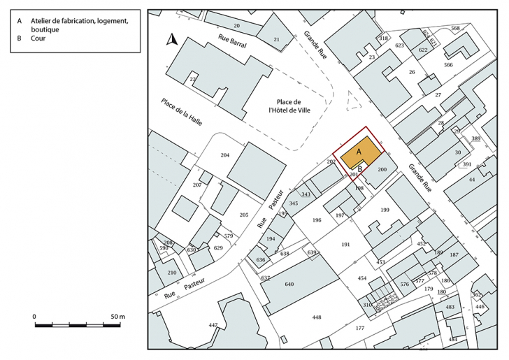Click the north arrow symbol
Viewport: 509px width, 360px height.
[x=171, y=40]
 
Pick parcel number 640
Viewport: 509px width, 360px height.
[x=289, y=285]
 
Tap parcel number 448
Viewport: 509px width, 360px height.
[x=316, y=317]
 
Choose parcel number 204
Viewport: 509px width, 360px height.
[x=225, y=154]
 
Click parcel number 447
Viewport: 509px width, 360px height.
[x=213, y=326]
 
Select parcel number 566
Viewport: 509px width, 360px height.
[x=448, y=65]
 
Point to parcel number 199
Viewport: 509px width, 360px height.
[x=385, y=210]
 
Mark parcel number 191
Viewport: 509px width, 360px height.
[x=345, y=244]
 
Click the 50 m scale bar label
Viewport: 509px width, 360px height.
[x=117, y=317]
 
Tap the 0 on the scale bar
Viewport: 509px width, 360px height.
[x=34, y=317]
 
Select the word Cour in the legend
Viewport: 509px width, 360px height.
[x=38, y=39]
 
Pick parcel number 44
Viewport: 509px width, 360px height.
[x=472, y=180]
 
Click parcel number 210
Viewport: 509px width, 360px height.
[x=171, y=273]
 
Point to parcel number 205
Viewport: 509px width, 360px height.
[x=244, y=215]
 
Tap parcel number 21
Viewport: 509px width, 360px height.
[x=276, y=40]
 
